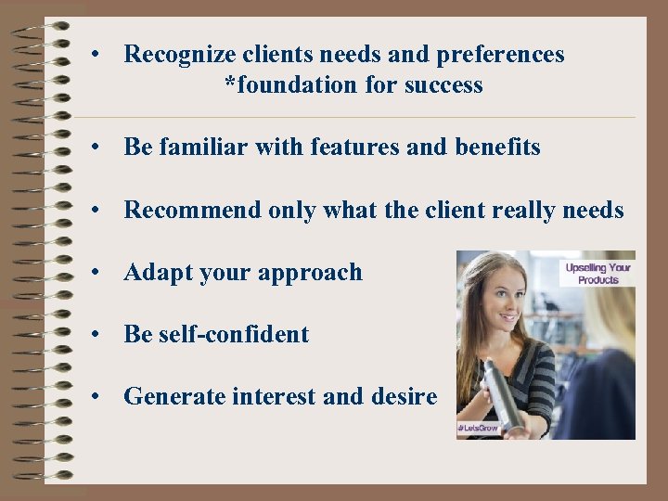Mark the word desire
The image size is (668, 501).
pos(404,397)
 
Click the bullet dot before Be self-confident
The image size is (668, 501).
pos(96,335)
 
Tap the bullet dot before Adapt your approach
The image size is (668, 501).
pos(96,273)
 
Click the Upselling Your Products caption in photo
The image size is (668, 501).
pos(597,273)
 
